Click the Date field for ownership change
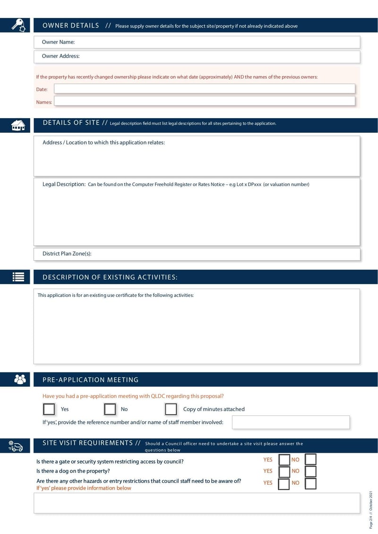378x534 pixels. point(204,89)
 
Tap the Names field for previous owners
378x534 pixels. point(204,101)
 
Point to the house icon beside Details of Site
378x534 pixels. point(18,125)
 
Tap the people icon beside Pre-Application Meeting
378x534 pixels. point(19,379)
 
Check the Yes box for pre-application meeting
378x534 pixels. point(49,409)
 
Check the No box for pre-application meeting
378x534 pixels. point(110,409)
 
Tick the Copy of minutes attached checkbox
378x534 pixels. point(171,409)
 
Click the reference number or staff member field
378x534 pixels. point(291,422)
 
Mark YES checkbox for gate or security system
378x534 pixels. point(284,460)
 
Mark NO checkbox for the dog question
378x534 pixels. point(310,471)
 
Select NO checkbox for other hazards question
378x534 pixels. point(310,483)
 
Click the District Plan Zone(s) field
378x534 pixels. point(197,254)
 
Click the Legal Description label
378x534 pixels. point(63,184)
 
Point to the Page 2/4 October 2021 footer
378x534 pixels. point(371,509)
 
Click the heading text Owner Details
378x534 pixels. point(71,26)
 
